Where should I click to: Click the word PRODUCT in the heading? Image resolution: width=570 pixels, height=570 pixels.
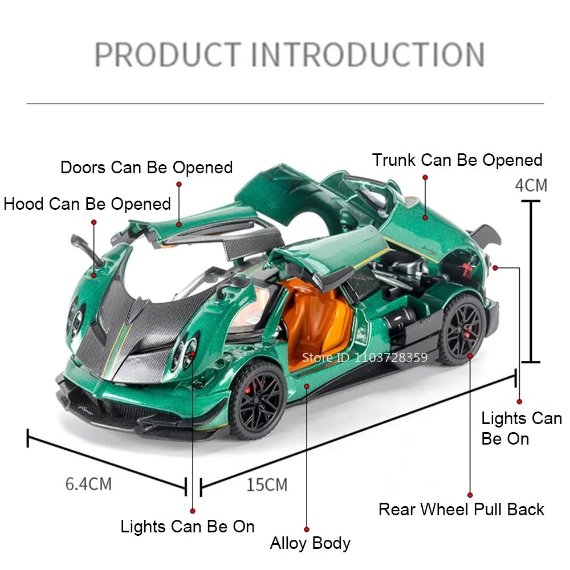[169, 54]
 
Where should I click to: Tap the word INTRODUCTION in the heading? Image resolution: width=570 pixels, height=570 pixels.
[368, 54]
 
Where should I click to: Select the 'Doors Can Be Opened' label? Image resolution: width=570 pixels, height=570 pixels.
[146, 168]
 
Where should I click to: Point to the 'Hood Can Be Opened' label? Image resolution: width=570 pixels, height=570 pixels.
[87, 204]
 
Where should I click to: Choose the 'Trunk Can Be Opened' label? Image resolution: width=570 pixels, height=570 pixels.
[457, 160]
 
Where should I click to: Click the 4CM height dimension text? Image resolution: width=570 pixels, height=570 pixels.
[531, 185]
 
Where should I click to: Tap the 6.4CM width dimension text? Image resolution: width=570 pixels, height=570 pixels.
[88, 484]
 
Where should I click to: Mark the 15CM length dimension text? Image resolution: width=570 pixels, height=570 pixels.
[267, 485]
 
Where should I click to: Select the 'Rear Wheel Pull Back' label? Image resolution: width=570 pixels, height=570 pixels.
[461, 509]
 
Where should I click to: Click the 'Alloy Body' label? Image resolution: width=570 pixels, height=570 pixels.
[310, 543]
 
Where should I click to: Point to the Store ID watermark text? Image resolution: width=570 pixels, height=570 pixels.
[364, 358]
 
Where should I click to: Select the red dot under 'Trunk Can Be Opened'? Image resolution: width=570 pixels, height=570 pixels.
[425, 178]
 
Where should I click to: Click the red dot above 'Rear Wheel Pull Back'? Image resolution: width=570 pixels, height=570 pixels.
[470, 495]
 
